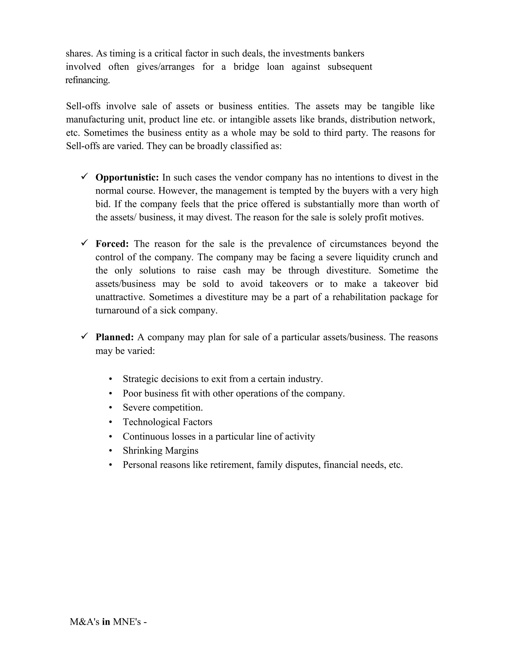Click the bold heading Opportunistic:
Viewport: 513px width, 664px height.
click(x=127, y=178)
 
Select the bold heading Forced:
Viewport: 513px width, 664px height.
click(x=112, y=244)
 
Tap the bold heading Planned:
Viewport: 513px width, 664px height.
click(x=114, y=337)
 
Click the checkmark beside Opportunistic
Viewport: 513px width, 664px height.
click(x=84, y=176)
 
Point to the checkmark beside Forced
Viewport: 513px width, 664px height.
click(x=84, y=243)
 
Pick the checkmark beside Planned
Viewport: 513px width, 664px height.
click(x=84, y=336)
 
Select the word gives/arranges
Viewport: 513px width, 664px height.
click(x=165, y=67)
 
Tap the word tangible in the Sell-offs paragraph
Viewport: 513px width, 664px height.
click(x=398, y=106)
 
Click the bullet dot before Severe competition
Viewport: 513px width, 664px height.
click(x=111, y=408)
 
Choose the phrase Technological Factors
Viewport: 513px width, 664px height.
click(x=168, y=422)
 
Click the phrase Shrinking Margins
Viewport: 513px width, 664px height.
click(x=161, y=451)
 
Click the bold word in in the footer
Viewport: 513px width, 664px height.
click(x=106, y=622)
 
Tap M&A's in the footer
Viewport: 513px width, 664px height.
click(x=84, y=622)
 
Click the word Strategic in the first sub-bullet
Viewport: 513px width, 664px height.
click(x=141, y=379)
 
